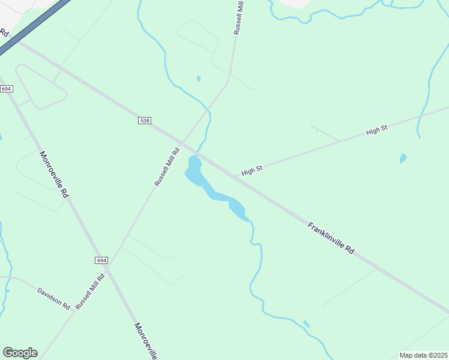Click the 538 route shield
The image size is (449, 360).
tap(144, 121)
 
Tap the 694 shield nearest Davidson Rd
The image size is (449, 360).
tap(101, 260)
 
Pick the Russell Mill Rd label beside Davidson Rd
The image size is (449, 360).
tap(91, 291)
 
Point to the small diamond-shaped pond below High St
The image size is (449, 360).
tap(403, 158)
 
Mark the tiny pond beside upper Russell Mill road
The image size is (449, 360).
tap(198, 79)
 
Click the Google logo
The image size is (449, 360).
tap(20, 353)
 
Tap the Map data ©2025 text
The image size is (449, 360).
tap(423, 355)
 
